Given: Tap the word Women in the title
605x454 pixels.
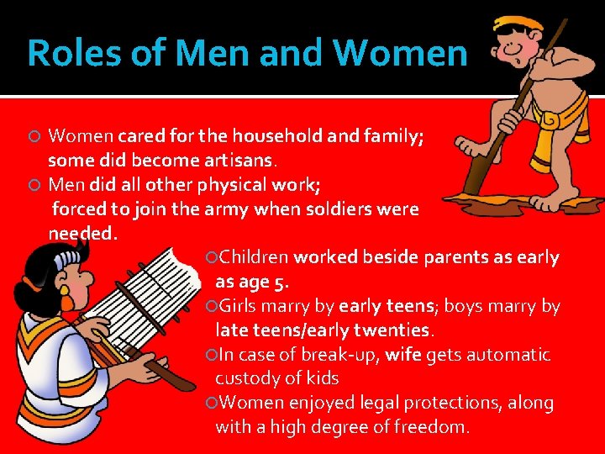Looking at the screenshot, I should point(400,53).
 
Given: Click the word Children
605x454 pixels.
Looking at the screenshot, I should point(254,257).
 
